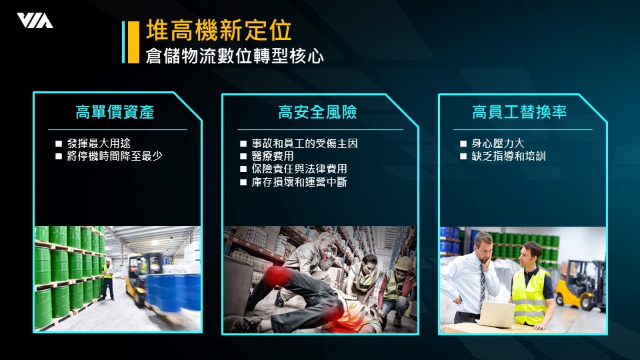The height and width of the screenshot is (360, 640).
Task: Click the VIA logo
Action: [35, 21]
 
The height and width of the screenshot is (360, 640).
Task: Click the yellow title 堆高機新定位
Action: [219, 31]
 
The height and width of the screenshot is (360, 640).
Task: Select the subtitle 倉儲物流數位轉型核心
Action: [235, 56]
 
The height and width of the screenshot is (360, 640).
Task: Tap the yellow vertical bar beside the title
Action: [133, 43]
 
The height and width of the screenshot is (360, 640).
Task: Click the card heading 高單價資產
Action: [115, 112]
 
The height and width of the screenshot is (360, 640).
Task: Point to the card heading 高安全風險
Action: [317, 112]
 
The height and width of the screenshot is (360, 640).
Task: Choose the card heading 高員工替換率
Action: [519, 112]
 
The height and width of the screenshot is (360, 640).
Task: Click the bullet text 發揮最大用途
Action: [99, 143]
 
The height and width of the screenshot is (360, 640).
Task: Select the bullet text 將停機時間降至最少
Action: [115, 156]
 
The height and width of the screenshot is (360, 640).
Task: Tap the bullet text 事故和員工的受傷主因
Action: [305, 143]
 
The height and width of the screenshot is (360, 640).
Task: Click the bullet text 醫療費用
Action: [273, 156]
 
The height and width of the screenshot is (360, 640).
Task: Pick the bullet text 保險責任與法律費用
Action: [299, 169]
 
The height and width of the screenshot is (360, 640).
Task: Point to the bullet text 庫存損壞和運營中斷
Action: [299, 181]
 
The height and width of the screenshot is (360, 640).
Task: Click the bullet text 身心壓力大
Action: [498, 143]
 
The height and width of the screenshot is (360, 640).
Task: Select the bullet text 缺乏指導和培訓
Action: [509, 156]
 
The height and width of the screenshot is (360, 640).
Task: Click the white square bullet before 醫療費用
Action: [243, 156]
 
